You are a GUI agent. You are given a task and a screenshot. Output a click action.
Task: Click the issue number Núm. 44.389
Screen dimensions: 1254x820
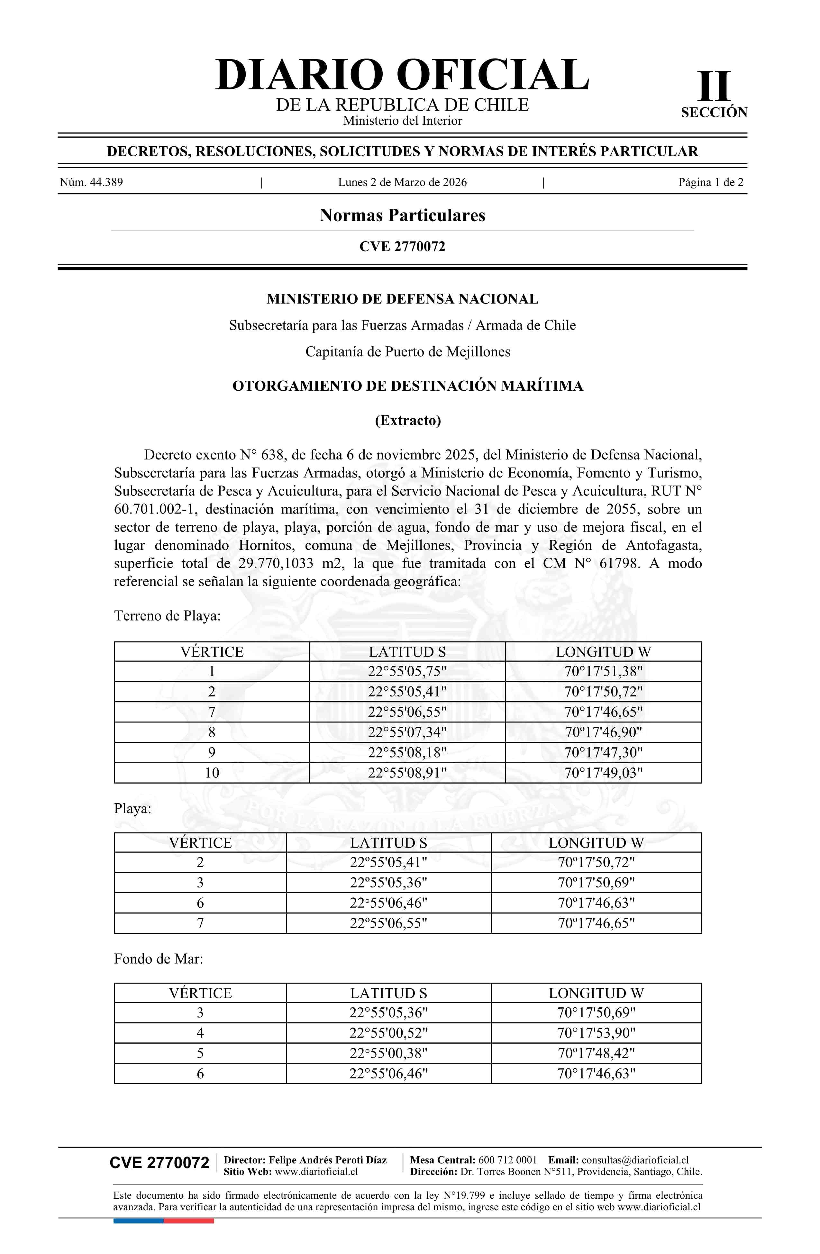pos(91,182)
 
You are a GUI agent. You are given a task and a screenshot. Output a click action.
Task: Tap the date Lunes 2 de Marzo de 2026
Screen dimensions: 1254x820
pos(402,182)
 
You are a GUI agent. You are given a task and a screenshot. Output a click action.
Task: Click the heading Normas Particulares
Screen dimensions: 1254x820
pos(402,215)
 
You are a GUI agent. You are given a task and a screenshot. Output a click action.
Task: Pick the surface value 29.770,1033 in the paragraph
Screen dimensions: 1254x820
pos(276,563)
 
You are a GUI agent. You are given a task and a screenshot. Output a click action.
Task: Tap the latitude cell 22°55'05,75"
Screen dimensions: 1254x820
pos(407,671)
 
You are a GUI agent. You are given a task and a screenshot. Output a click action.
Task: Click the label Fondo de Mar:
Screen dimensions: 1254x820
pos(158,959)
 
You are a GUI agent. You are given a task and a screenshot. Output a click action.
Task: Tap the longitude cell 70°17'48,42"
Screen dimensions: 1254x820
pos(596,1053)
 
